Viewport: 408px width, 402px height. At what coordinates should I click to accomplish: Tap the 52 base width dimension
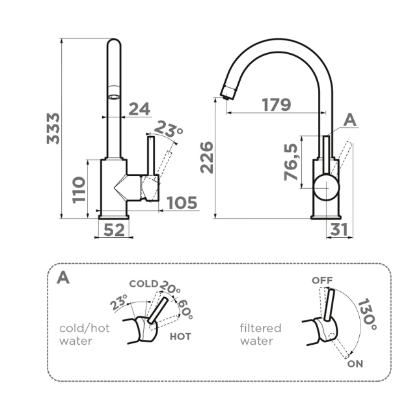click(x=114, y=229)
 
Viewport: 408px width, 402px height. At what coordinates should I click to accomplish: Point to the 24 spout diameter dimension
click(x=139, y=108)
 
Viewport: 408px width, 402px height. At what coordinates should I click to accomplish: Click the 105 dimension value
click(x=182, y=203)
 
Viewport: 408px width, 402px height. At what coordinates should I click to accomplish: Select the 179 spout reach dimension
click(x=276, y=104)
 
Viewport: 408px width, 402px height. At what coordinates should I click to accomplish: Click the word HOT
click(x=180, y=337)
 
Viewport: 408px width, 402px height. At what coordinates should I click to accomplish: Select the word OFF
click(x=321, y=280)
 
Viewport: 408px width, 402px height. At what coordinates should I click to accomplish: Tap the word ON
click(x=355, y=364)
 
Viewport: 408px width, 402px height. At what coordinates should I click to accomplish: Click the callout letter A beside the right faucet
click(x=350, y=119)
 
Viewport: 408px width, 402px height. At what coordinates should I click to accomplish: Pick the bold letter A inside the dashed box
click(x=63, y=278)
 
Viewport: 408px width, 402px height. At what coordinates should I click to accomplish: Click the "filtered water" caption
click(x=260, y=334)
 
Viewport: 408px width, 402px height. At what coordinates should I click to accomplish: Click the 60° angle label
click(x=185, y=309)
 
